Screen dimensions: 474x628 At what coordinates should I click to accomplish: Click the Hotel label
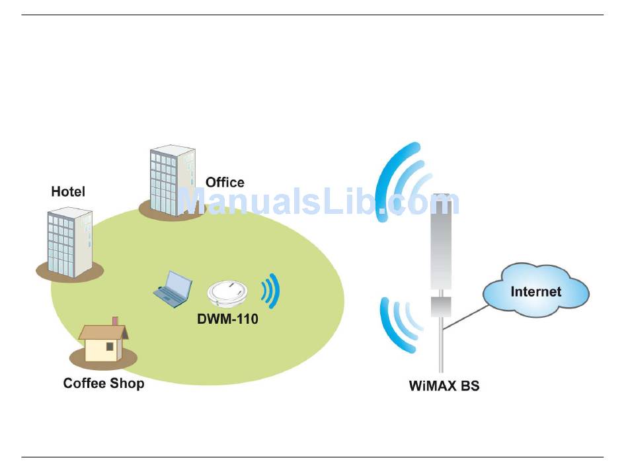(x=68, y=192)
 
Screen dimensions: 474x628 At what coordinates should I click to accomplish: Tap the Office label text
(x=225, y=182)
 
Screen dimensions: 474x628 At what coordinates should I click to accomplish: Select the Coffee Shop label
(x=104, y=383)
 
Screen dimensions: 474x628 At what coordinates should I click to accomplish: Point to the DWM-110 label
(x=227, y=319)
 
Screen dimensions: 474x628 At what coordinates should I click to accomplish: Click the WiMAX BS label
(x=444, y=385)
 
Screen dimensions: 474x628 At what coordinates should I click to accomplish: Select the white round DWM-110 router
(x=228, y=292)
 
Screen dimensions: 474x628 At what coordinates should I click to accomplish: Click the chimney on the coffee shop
(x=115, y=322)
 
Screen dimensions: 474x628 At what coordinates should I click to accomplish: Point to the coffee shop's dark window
(x=109, y=346)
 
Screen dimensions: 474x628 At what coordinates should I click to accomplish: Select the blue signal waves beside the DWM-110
(x=271, y=291)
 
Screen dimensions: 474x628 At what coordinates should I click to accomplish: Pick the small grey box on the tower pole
(x=441, y=306)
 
